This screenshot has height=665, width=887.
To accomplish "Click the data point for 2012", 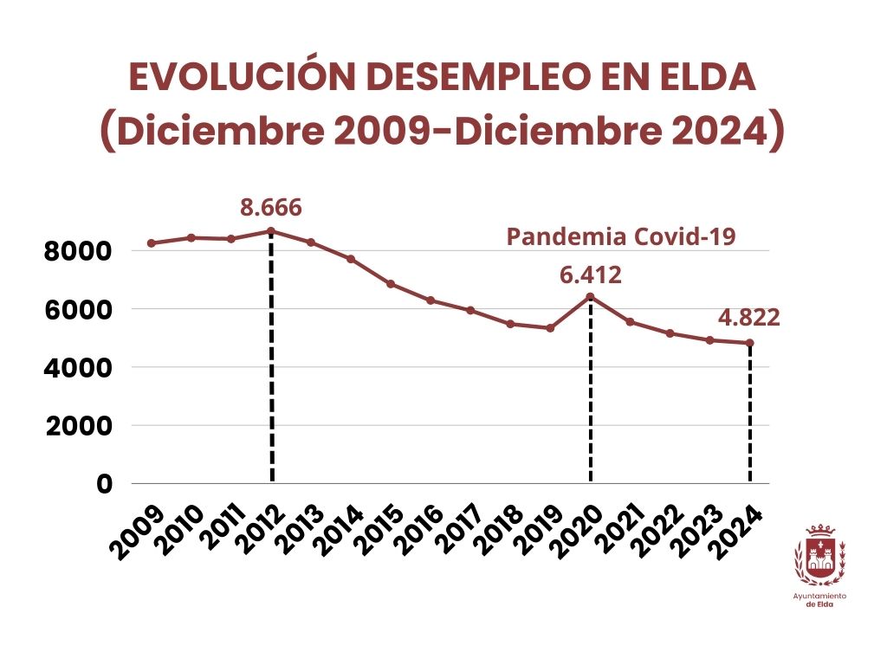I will point(271,231).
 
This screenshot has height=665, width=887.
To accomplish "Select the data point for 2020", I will point(590,297).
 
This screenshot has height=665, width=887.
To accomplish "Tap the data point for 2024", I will point(749,343).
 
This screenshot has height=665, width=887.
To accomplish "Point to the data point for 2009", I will point(152,243).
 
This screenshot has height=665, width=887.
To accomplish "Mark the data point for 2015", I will point(391,284).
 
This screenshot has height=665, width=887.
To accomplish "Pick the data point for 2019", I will point(550,328).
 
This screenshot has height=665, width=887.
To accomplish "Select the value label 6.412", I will point(591,276).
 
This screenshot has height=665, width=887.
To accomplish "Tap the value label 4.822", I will point(748,317).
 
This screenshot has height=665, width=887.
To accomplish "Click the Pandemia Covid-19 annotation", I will point(621,236).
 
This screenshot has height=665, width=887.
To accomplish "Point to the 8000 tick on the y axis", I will point(79,251).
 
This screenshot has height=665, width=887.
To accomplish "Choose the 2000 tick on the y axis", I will point(79,426).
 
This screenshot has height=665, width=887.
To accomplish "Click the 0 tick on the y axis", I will point(104,484).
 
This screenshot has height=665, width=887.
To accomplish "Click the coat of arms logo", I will point(819,555).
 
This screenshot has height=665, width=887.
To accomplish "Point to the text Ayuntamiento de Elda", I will point(819,600).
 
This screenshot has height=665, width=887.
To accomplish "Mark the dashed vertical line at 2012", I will point(272,364).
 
